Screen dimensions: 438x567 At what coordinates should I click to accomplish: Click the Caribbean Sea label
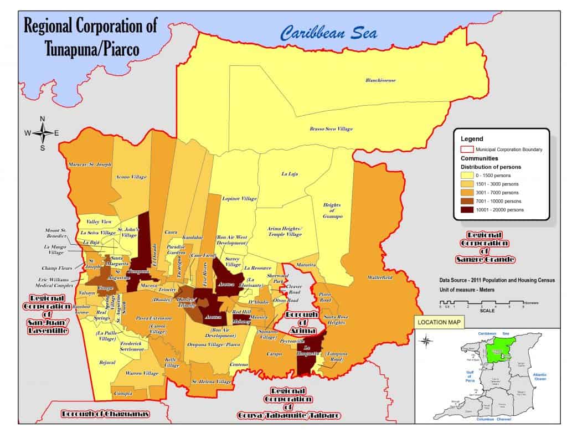329,33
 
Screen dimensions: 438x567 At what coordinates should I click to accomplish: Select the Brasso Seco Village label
331,129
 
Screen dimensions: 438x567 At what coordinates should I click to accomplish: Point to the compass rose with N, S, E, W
43,133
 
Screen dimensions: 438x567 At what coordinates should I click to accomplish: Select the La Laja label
290,174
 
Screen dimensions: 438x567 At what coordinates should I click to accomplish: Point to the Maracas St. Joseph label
90,164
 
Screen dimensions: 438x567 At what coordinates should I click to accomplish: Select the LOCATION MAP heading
441,322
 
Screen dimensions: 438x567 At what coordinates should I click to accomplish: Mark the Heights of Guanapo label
332,210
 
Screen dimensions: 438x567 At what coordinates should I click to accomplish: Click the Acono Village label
131,177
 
